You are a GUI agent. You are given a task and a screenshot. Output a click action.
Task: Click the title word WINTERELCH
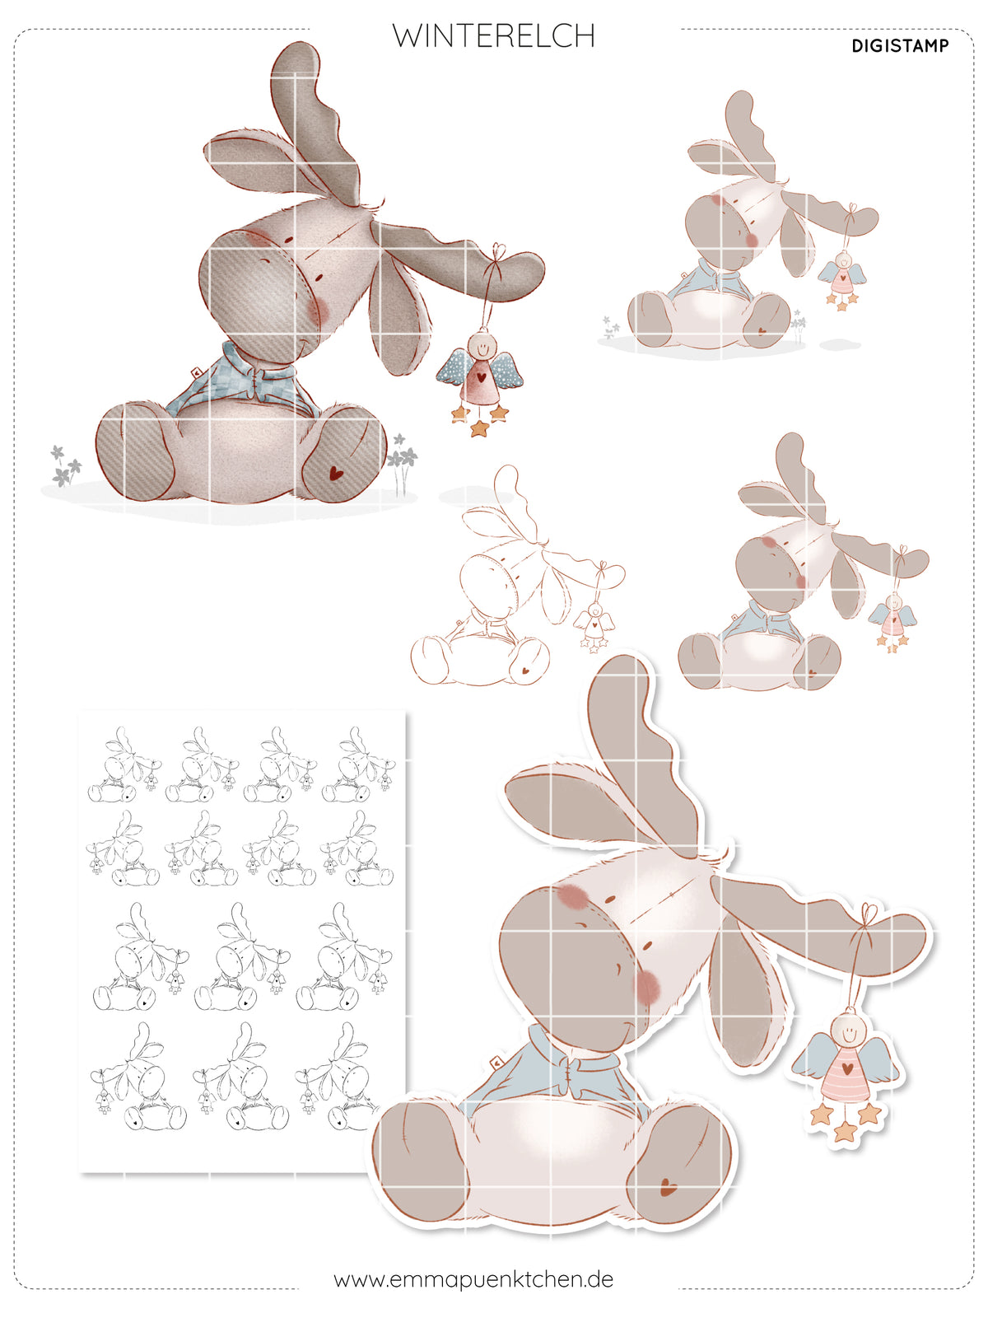click(x=493, y=36)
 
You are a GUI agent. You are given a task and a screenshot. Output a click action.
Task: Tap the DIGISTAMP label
click(x=900, y=46)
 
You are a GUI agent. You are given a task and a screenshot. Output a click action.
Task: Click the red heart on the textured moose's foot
click(x=336, y=473)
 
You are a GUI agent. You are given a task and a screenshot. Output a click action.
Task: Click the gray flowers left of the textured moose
click(x=65, y=465)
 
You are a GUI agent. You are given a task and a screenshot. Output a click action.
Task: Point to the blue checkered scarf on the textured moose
click(x=243, y=380)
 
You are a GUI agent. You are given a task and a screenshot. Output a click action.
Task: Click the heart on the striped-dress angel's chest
click(x=846, y=1068)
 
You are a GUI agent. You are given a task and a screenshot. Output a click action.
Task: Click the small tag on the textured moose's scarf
click(x=196, y=372)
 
